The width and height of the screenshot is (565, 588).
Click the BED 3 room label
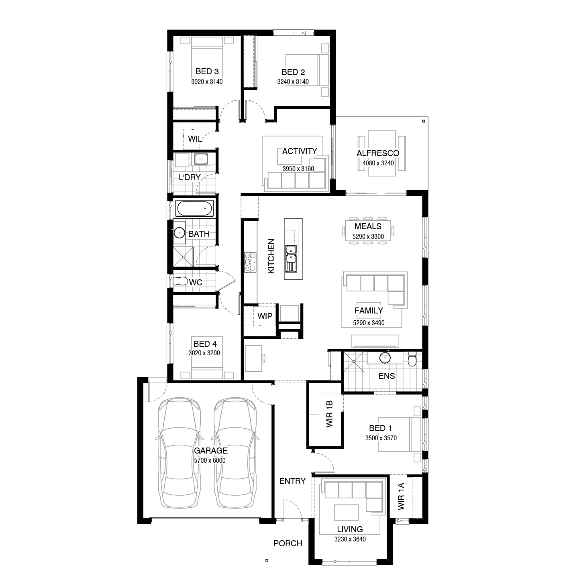coord(207,71)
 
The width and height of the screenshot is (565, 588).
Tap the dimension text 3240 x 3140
coord(293,82)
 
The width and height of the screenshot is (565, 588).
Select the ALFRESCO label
coord(377,153)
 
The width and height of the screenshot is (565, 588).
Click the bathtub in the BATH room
coord(194,209)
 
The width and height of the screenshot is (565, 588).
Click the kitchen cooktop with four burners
coord(250,262)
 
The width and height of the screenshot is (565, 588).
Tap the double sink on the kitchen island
coord(291,254)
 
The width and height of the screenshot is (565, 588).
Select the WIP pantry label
coord(265,316)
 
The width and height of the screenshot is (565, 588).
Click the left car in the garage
coord(179,452)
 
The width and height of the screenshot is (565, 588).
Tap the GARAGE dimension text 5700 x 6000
coord(210,461)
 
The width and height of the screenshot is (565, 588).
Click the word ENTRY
coord(292,481)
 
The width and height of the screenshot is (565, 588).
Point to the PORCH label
coord(288,543)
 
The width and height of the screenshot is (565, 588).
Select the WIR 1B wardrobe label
coord(330,414)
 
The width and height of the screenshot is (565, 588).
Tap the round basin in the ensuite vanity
coord(385,357)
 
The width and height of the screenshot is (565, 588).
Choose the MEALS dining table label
coord(367,226)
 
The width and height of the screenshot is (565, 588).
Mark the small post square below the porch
coord(266,560)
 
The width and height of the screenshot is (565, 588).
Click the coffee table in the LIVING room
coord(347,513)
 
